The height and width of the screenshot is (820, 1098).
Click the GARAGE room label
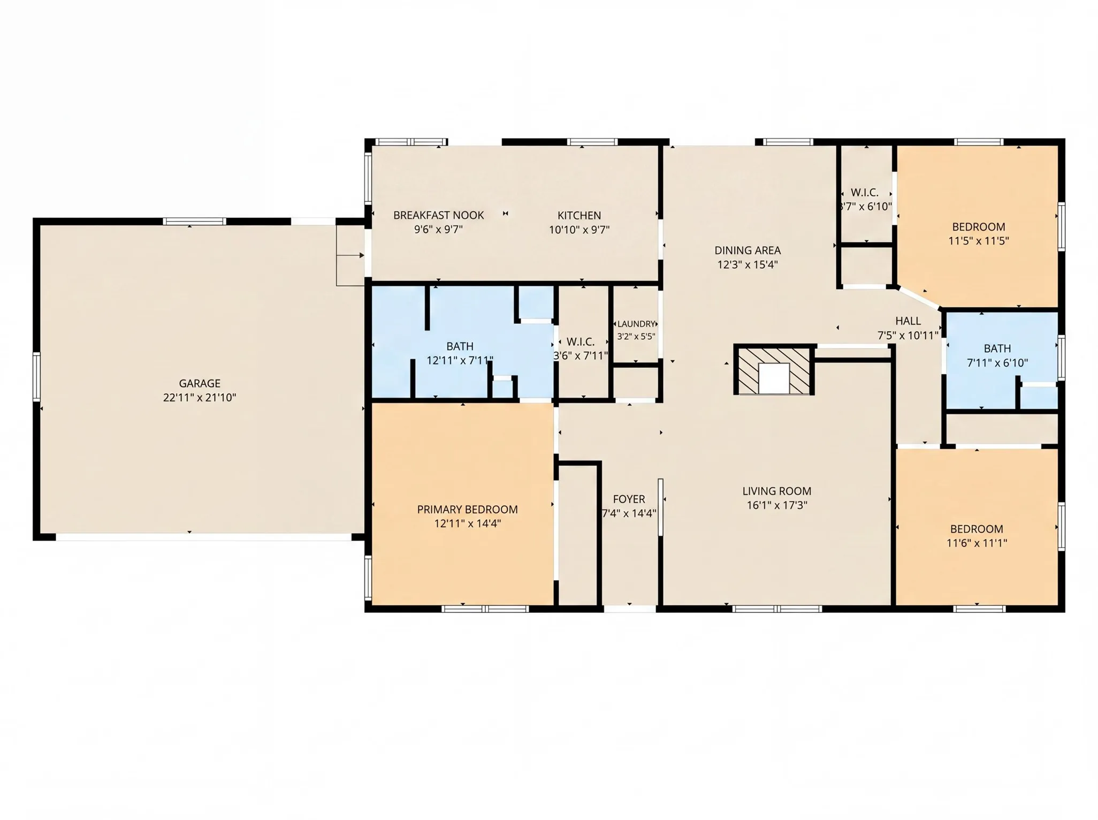pyautogui.click(x=200, y=383)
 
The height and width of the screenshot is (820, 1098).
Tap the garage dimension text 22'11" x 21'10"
pyautogui.click(x=200, y=398)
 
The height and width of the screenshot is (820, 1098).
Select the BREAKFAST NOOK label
pyautogui.click(x=438, y=215)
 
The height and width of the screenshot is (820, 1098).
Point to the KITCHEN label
pyautogui.click(x=579, y=215)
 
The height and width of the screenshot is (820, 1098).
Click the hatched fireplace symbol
pyautogui.click(x=774, y=370)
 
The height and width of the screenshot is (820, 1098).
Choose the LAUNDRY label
pyautogui.click(x=636, y=324)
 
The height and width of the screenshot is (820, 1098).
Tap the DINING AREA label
pyautogui.click(x=748, y=250)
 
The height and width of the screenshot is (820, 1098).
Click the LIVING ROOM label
pyautogui.click(x=776, y=491)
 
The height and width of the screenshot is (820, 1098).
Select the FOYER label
pyautogui.click(x=629, y=499)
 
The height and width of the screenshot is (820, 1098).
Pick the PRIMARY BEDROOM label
pyautogui.click(x=467, y=509)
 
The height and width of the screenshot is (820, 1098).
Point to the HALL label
pyautogui.click(x=908, y=321)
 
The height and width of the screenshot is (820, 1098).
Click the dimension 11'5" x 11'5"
pyautogui.click(x=979, y=241)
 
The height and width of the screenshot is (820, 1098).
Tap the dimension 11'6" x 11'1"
pyautogui.click(x=977, y=543)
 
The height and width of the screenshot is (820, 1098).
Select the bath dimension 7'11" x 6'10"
pyautogui.click(x=997, y=363)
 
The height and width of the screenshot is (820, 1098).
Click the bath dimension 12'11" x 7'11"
pyautogui.click(x=460, y=360)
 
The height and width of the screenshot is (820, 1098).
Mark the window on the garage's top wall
pyautogui.click(x=194, y=221)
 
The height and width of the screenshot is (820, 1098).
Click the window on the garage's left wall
pyautogui.click(x=36, y=377)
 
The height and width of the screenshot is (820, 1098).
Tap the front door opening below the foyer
pyautogui.click(x=630, y=609)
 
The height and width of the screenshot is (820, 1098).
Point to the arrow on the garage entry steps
pyautogui.click(x=350, y=255)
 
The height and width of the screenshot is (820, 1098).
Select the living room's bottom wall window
pyautogui.click(x=776, y=609)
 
